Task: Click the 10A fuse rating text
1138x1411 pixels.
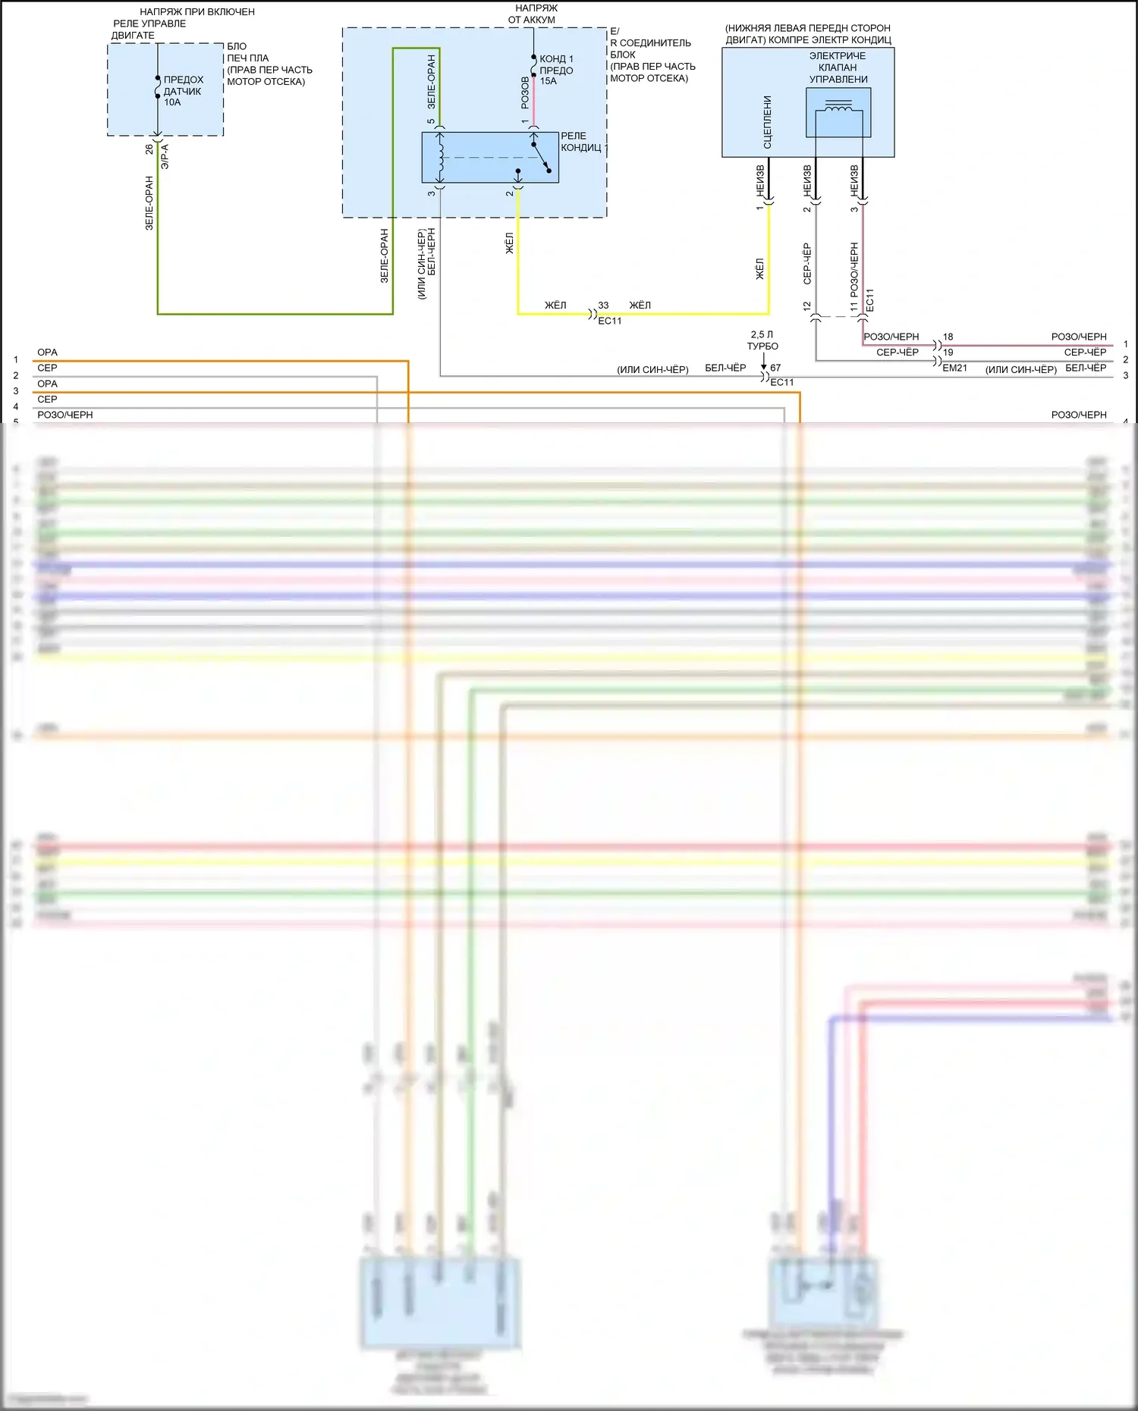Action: click(172, 102)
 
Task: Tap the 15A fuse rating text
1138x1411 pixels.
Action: click(548, 81)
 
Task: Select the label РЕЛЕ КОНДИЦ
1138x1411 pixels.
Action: click(581, 142)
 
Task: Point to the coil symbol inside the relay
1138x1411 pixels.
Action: click(440, 157)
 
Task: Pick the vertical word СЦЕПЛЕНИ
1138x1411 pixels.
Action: click(767, 121)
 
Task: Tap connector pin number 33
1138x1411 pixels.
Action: click(603, 306)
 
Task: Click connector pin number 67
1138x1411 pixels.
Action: click(775, 368)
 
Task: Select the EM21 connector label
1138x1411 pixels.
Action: click(954, 368)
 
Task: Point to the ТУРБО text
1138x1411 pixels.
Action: click(762, 346)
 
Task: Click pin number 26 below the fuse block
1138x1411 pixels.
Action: click(149, 149)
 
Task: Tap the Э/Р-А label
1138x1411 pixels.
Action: click(165, 156)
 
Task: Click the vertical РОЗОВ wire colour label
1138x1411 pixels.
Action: click(525, 92)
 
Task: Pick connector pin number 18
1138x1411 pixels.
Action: click(948, 337)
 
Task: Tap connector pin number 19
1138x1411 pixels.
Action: click(948, 353)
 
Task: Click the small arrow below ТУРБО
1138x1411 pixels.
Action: click(763, 365)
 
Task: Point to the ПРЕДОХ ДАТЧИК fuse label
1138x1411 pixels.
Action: click(183, 86)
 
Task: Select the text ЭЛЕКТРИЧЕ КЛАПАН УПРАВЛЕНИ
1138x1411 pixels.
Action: click(838, 67)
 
